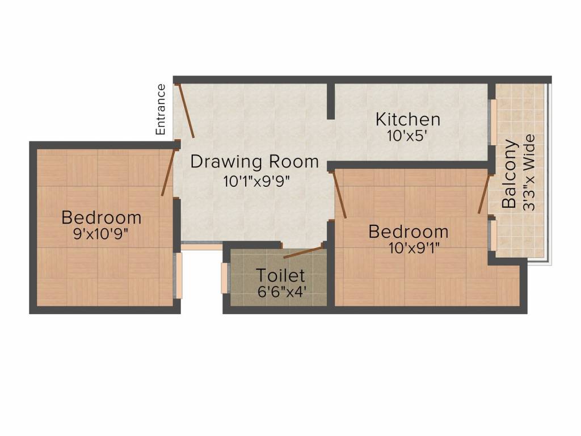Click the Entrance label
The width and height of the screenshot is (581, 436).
[161, 110]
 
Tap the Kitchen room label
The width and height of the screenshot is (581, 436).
[408, 120]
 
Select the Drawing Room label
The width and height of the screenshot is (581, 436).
[254, 162]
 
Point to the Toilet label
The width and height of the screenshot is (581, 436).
[281, 276]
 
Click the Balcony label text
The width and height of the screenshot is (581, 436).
[510, 174]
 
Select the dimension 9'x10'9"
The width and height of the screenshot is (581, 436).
[101, 234]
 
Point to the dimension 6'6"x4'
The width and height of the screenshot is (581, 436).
[281, 293]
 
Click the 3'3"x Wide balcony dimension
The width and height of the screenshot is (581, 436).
[529, 173]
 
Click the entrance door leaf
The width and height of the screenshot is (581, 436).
[186, 111]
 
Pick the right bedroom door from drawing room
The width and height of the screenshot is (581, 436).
[340, 193]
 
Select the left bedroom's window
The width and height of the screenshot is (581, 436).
[178, 275]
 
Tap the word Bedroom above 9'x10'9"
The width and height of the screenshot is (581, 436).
[101, 217]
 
